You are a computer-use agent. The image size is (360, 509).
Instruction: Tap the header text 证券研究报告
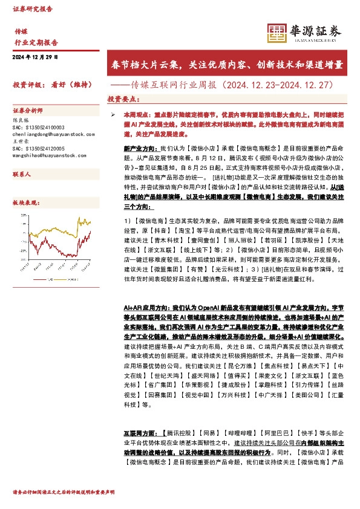click(x=33, y=10)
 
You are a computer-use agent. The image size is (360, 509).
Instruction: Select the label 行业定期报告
click(x=36, y=43)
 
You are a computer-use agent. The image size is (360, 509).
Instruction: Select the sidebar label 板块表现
click(x=26, y=204)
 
